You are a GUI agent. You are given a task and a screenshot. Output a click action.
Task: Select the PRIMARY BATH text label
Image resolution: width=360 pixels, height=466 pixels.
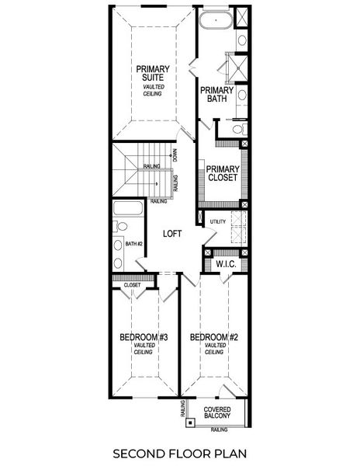[216, 95]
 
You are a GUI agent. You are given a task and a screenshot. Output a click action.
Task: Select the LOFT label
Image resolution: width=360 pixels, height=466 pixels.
[172, 232]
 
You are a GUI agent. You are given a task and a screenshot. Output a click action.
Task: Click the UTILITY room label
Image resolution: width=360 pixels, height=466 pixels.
[217, 222]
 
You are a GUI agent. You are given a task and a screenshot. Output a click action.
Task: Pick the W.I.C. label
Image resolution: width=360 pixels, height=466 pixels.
[226, 264]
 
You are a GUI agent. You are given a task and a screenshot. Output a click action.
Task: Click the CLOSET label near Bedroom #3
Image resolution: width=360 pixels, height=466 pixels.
[131, 286]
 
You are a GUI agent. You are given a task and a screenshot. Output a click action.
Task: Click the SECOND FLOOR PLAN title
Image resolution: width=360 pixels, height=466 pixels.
[179, 452]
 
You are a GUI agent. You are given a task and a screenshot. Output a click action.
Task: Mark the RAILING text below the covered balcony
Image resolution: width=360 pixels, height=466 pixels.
[219, 429]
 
